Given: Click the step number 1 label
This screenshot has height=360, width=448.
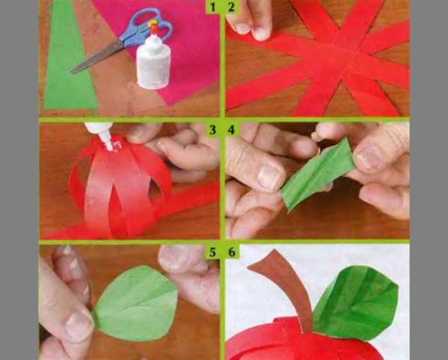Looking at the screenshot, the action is click(x=213, y=7).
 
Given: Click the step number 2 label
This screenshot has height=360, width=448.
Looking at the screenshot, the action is click(x=231, y=7).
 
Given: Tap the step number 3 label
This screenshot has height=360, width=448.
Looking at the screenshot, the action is click(x=213, y=130).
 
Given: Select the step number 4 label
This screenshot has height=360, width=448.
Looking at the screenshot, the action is click(x=231, y=130).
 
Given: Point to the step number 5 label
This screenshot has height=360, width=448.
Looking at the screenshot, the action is click(x=213, y=252).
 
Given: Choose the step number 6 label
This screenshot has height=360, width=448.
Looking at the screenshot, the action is click(x=231, y=252).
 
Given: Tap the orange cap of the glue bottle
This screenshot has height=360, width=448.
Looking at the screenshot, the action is click(x=155, y=26).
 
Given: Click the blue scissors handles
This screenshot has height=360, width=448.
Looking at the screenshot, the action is click(x=146, y=28).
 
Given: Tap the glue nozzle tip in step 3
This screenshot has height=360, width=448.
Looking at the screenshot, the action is click(x=109, y=146).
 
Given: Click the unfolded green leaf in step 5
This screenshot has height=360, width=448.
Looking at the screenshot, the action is click(x=137, y=303).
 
